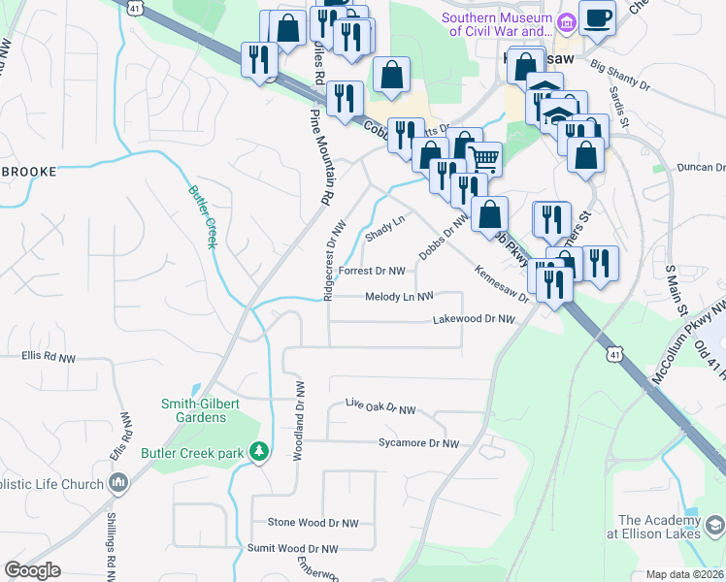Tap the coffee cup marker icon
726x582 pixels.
(x=597, y=16)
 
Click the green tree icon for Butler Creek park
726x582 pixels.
(x=258, y=452)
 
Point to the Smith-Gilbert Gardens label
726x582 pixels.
(x=194, y=410)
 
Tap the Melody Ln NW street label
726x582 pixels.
(x=398, y=297)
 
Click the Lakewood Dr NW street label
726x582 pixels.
(x=473, y=318)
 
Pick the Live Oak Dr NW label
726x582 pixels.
(x=380, y=410)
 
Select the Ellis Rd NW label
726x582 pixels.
(x=49, y=357)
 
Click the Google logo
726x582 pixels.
(x=32, y=570)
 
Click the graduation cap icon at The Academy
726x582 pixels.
(x=714, y=526)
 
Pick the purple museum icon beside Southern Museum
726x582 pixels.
(x=560, y=18)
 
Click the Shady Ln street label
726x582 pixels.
(x=383, y=229)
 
